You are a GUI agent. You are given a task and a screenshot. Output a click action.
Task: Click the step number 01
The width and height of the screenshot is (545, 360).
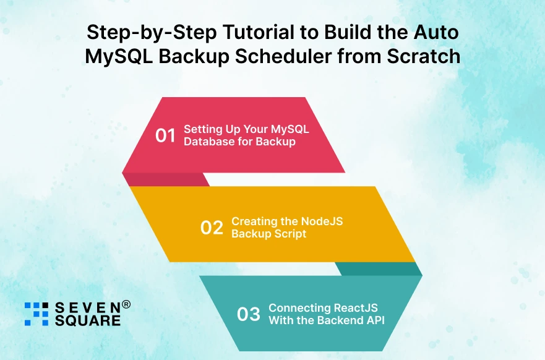(166, 135)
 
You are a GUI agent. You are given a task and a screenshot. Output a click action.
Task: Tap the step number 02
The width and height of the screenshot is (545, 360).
(212, 228)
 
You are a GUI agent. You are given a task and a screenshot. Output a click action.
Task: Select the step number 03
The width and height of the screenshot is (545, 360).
(249, 314)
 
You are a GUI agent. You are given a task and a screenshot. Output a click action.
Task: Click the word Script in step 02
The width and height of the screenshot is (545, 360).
(291, 234)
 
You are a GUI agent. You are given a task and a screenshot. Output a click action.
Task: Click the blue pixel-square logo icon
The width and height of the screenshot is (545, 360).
(36, 314)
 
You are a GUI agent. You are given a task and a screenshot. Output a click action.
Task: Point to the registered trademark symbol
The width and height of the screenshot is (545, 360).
(126, 304)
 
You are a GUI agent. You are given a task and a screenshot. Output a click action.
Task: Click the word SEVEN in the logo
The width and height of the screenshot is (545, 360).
(87, 307)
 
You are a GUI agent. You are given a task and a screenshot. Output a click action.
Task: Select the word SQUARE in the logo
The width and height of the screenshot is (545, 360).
(87, 320)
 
